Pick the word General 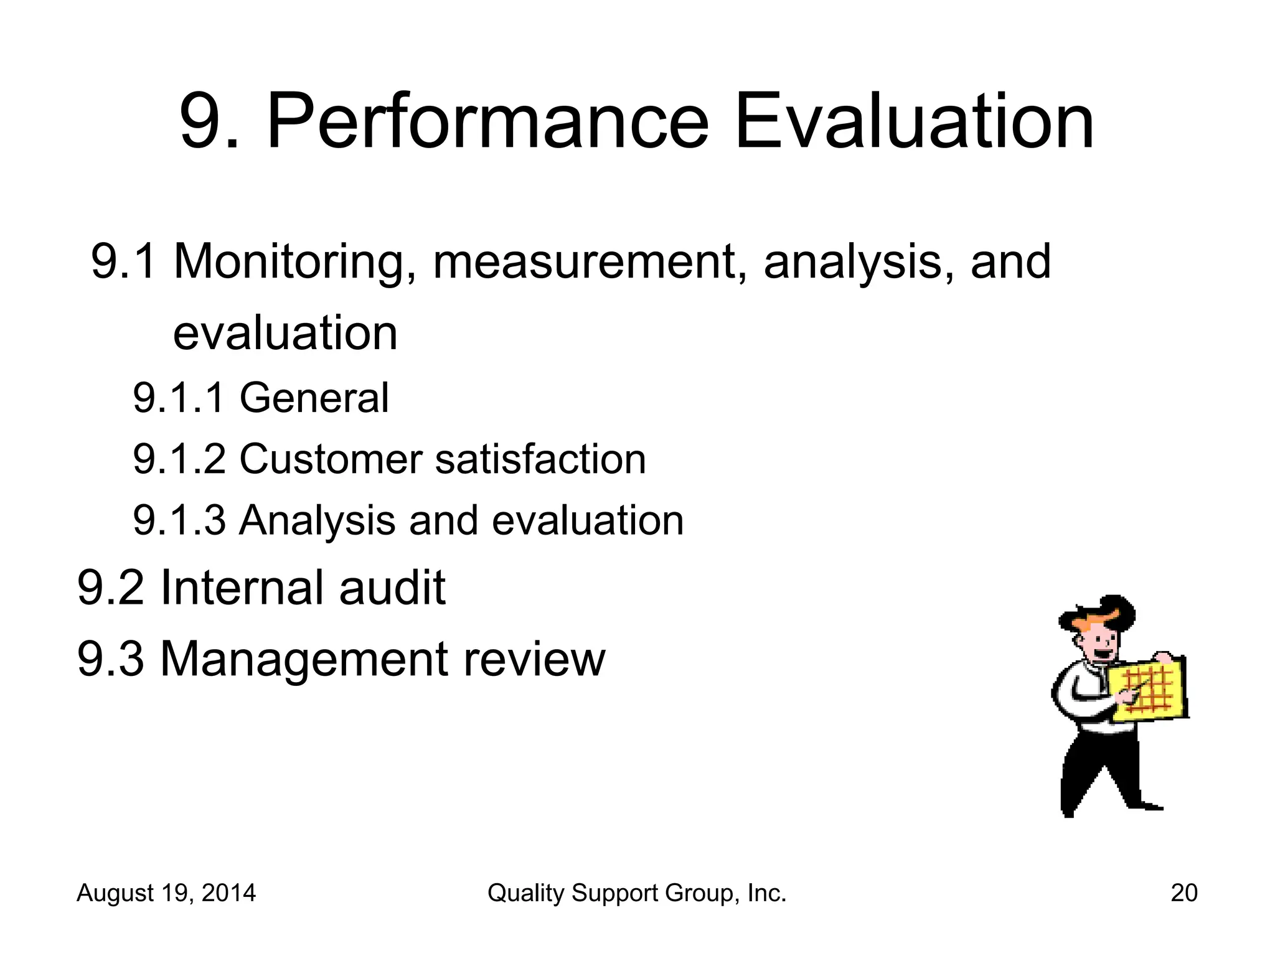point(314,398)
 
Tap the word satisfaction point(540,459)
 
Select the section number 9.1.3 point(179,520)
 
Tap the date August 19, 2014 point(166,893)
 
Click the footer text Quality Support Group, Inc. point(637,893)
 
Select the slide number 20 point(1183,893)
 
